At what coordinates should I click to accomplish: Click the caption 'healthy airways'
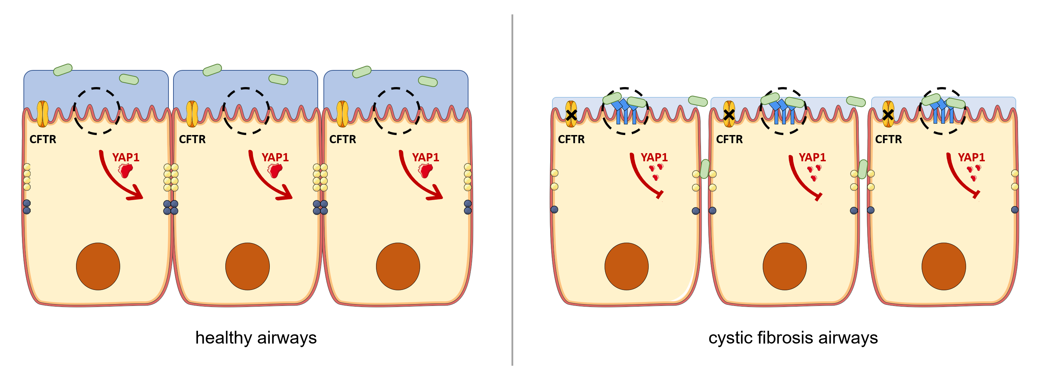tap(256, 338)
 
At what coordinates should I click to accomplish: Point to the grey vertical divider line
tap(512, 190)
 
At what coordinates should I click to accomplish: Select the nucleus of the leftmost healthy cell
tap(98, 266)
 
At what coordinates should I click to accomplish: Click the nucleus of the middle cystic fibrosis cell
tap(784, 266)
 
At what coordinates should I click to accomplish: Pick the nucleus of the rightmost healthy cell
tap(398, 266)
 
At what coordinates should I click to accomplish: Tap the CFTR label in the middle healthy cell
tap(192, 139)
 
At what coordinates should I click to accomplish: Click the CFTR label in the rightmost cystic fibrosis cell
tap(888, 139)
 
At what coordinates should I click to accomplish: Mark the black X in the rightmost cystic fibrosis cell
tap(888, 115)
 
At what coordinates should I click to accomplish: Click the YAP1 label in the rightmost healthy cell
tap(425, 157)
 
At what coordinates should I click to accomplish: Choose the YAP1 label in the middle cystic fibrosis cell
tap(812, 157)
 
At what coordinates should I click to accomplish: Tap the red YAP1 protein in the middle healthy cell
tap(275, 170)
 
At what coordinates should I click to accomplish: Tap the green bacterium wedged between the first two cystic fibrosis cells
tap(704, 169)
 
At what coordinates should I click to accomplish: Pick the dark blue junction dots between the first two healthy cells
tap(171, 207)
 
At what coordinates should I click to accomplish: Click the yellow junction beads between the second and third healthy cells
tap(320, 177)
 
